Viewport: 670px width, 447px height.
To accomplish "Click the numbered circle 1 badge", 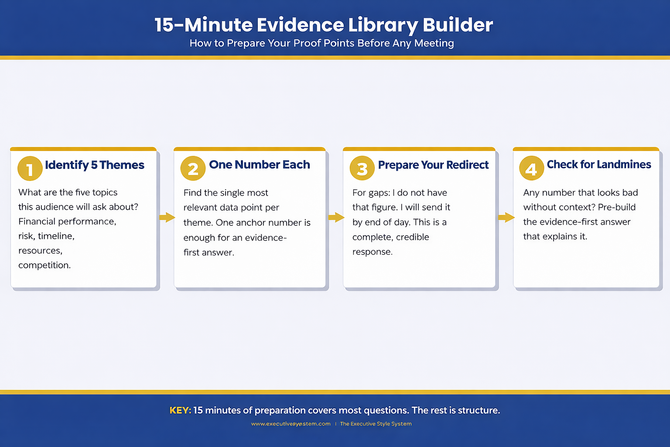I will (30, 168).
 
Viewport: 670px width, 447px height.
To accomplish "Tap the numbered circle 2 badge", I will (193, 168).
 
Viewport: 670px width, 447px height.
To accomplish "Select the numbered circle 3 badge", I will (362, 168).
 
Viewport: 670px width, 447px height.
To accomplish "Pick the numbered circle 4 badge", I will (531, 168).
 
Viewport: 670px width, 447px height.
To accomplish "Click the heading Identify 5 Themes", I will (94, 165).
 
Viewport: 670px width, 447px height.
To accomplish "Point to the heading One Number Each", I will (259, 165).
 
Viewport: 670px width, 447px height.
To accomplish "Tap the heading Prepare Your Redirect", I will (433, 165).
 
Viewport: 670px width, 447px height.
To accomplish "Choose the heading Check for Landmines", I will (598, 165).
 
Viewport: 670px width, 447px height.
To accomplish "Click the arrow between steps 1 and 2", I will (167, 217).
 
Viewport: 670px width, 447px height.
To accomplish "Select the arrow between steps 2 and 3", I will (336, 217).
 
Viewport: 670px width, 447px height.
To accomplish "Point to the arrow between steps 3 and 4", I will (506, 217).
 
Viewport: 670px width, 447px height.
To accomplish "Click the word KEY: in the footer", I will (180, 410).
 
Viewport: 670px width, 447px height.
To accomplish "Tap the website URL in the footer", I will (291, 424).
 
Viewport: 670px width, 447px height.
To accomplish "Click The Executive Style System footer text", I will (376, 424).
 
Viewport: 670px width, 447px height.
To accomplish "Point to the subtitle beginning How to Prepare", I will (321, 43).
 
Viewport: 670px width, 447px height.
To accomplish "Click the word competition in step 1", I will (44, 265).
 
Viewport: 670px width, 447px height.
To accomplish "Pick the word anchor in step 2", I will (251, 223).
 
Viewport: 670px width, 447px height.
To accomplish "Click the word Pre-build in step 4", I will (616, 207).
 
